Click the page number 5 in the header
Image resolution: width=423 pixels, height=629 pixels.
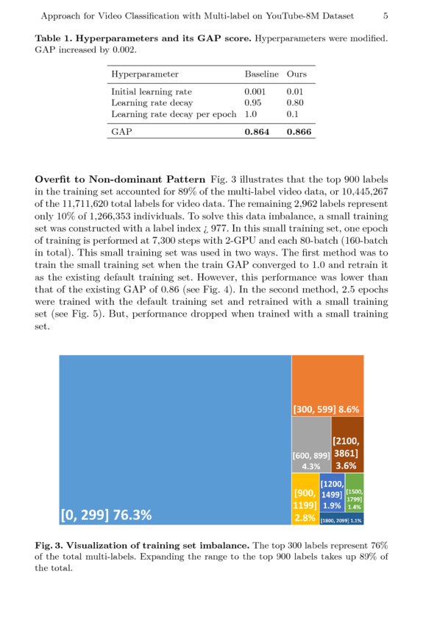386,15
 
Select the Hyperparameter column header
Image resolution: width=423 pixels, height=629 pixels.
144,74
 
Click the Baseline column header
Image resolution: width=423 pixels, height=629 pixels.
261,74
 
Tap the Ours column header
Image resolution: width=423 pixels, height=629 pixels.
296,74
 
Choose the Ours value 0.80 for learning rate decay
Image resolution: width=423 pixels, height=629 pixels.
294,103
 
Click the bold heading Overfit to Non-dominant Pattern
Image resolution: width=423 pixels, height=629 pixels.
120,179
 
